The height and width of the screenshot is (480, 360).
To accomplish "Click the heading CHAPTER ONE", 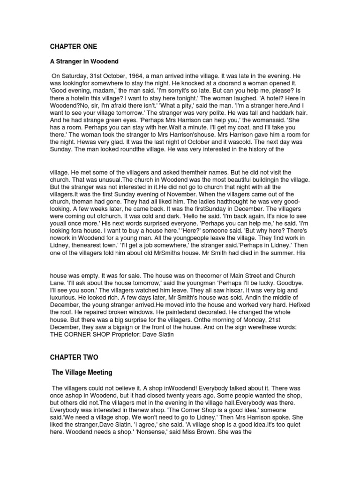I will [x=74, y=46].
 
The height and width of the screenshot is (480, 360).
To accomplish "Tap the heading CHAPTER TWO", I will [x=74, y=357].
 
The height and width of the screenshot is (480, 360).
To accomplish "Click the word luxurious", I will [x=66, y=297].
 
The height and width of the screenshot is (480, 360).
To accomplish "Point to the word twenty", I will [x=148, y=396].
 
